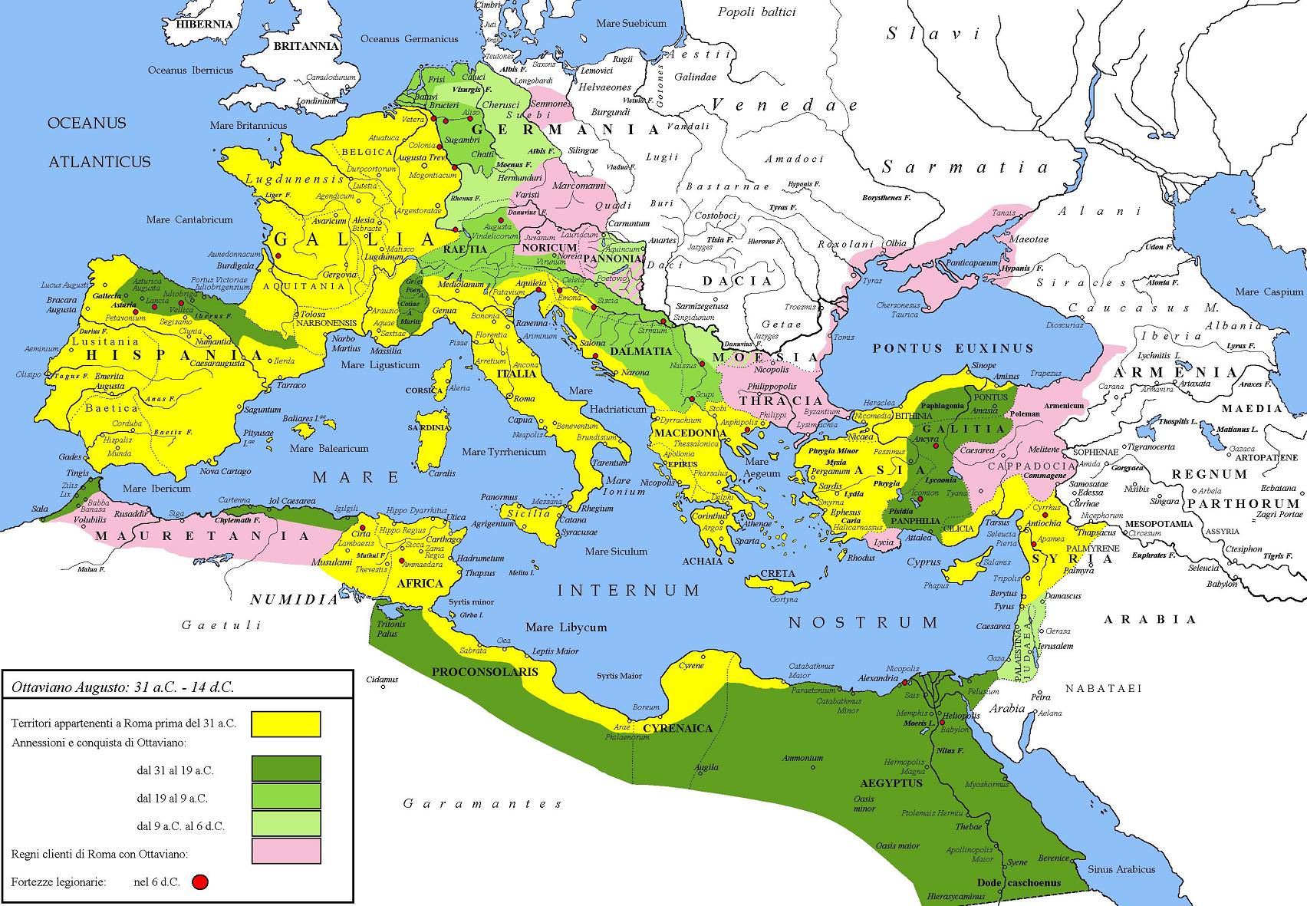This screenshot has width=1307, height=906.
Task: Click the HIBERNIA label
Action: coord(205,24)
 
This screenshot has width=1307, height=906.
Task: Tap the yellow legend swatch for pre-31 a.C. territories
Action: coord(286,723)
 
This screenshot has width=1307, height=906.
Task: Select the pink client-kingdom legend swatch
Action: coord(286,850)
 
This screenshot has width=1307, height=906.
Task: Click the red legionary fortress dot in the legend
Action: coord(200,882)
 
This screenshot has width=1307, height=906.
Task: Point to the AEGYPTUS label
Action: coord(891,783)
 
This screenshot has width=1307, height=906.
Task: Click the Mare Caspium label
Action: coord(1269,292)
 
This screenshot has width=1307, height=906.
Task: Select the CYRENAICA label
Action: coord(677,728)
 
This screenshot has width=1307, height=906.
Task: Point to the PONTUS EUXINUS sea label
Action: coord(953,348)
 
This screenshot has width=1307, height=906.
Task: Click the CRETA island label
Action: coord(778,574)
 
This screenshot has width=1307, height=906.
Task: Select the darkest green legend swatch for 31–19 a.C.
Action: coord(286,769)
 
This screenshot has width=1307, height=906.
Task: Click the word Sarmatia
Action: coord(965,167)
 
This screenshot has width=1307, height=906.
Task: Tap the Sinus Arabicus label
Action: coord(1121,869)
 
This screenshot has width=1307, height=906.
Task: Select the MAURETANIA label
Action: coord(202,535)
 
